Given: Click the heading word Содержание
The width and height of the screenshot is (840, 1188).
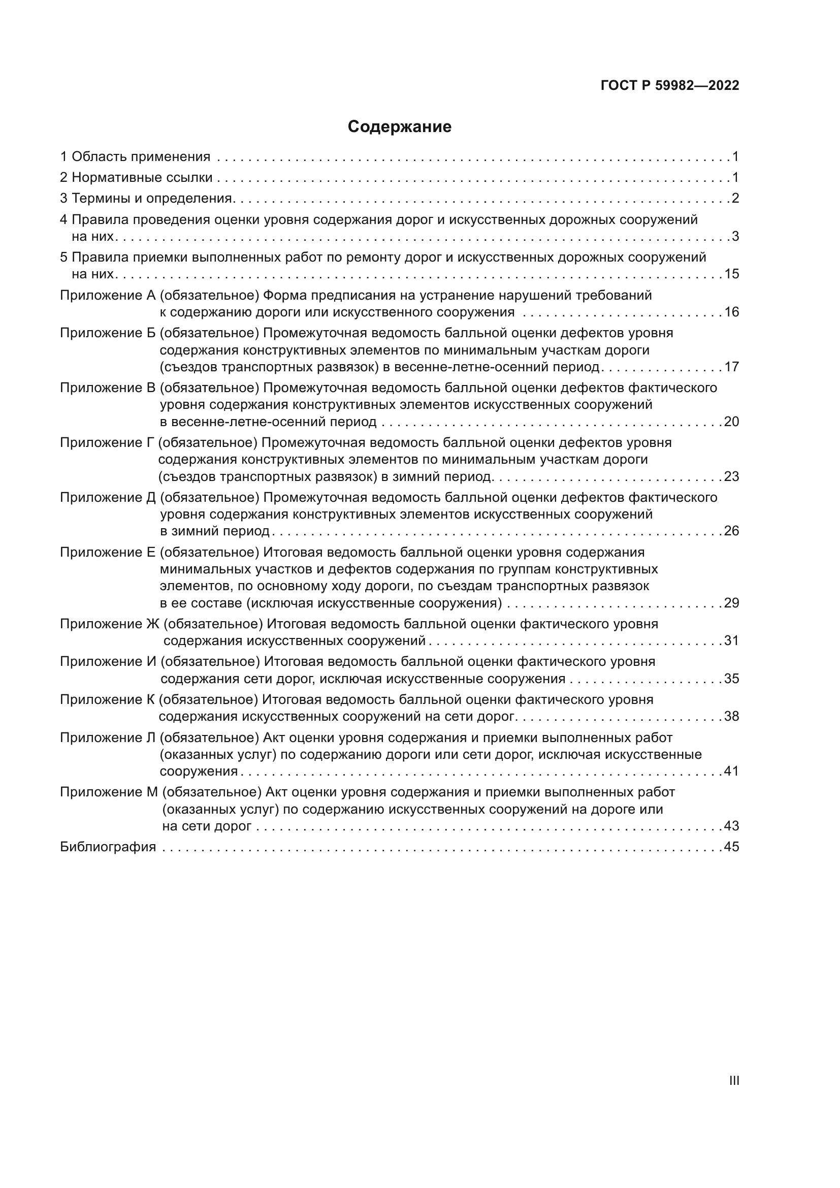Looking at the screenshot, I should click(x=399, y=127).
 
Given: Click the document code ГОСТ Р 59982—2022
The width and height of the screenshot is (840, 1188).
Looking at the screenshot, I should click(x=670, y=86).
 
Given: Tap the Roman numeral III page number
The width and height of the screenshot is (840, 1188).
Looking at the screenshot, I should click(x=734, y=1080).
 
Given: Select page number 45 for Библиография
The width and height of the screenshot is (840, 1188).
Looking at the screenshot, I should click(x=731, y=847).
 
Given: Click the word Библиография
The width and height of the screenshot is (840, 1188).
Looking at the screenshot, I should click(x=108, y=847).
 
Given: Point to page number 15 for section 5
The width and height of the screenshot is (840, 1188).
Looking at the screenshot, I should click(x=731, y=274).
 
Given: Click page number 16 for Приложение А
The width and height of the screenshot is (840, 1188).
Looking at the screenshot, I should click(x=731, y=312).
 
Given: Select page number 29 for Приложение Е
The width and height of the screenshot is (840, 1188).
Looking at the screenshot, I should click(x=731, y=603).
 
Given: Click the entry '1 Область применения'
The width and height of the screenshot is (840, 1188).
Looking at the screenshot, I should click(x=136, y=157).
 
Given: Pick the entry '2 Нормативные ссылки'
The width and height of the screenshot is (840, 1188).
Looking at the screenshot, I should click(x=137, y=178).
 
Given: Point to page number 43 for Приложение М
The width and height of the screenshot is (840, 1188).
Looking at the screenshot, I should click(x=731, y=826).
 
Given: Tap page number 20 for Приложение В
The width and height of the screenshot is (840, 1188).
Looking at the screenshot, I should click(x=731, y=422).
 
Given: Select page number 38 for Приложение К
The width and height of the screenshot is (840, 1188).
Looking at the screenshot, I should click(x=731, y=717).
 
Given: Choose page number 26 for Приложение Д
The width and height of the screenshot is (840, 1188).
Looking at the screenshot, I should click(x=731, y=531).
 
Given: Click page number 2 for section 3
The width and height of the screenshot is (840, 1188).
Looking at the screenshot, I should click(x=735, y=199).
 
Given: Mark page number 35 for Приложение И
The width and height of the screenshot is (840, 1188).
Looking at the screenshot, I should click(x=731, y=679).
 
